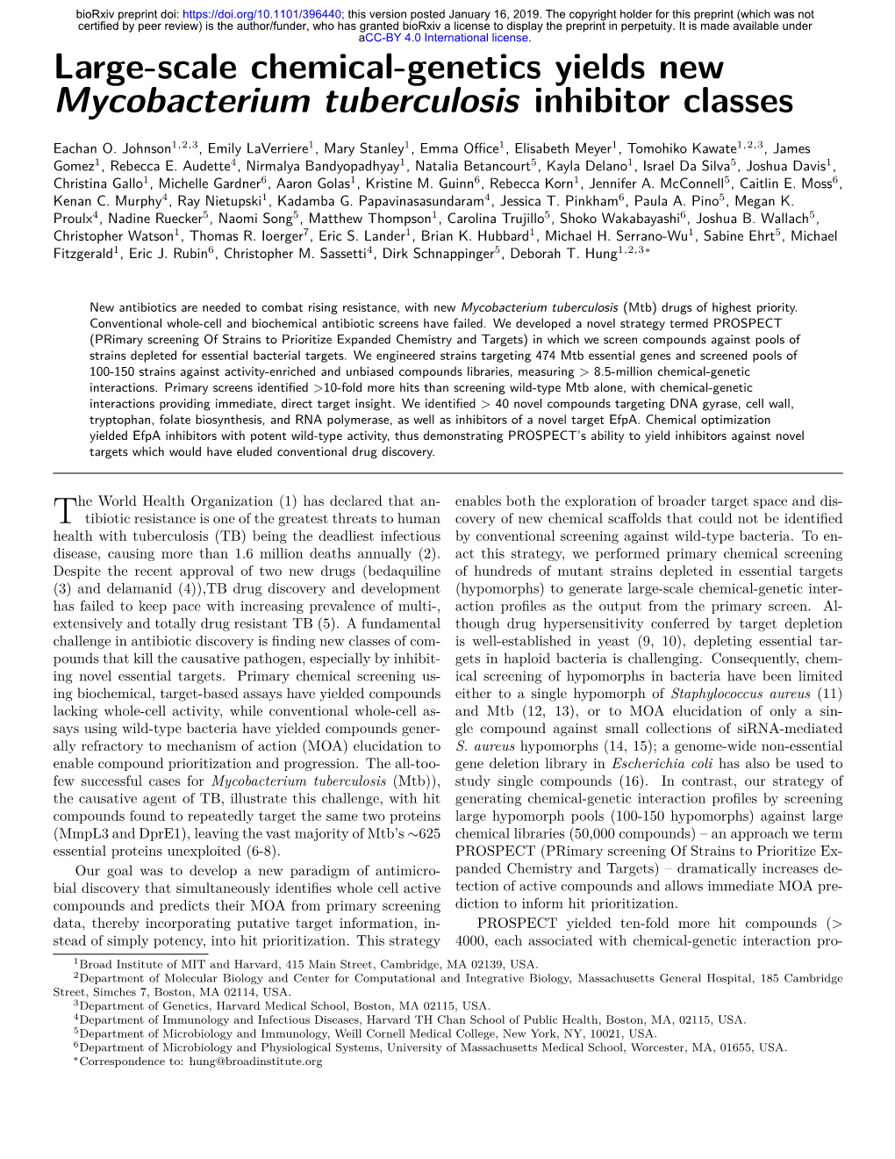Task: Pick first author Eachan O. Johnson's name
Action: tap(112, 149)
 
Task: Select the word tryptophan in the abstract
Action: tap(121, 420)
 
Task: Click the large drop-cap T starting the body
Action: tap(65, 510)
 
